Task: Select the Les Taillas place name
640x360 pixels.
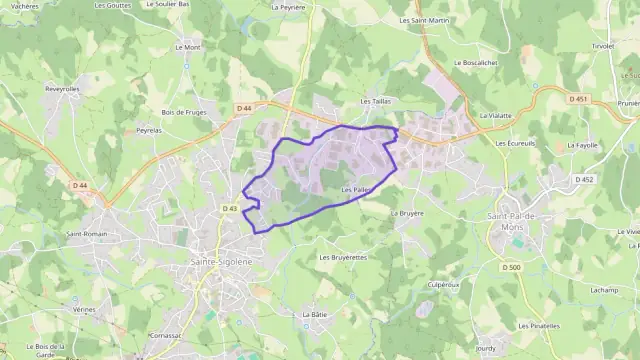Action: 375,102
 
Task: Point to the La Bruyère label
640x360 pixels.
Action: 407,213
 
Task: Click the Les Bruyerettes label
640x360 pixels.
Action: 343,257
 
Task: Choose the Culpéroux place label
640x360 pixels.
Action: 443,284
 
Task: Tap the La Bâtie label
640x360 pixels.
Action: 315,314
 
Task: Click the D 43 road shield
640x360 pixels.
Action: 229,208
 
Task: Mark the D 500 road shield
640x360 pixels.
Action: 513,267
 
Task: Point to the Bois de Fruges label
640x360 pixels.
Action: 183,112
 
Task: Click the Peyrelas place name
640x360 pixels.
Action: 150,130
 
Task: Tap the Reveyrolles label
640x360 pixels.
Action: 62,88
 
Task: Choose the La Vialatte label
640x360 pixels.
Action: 495,115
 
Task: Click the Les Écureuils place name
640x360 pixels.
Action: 515,143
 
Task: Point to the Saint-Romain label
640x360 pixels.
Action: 87,235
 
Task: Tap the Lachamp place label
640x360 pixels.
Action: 604,289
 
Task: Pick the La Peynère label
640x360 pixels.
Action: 288,6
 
